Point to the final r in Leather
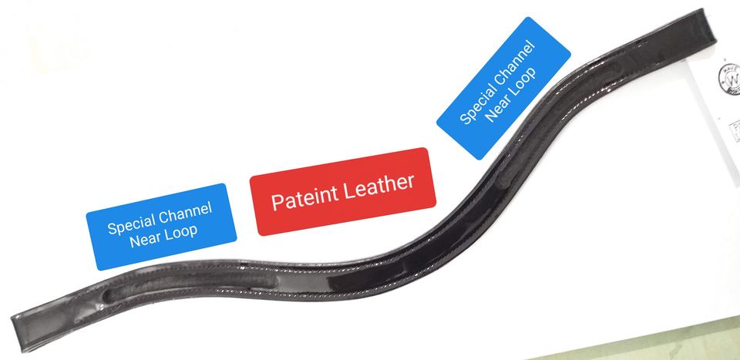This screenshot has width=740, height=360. (412, 180)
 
